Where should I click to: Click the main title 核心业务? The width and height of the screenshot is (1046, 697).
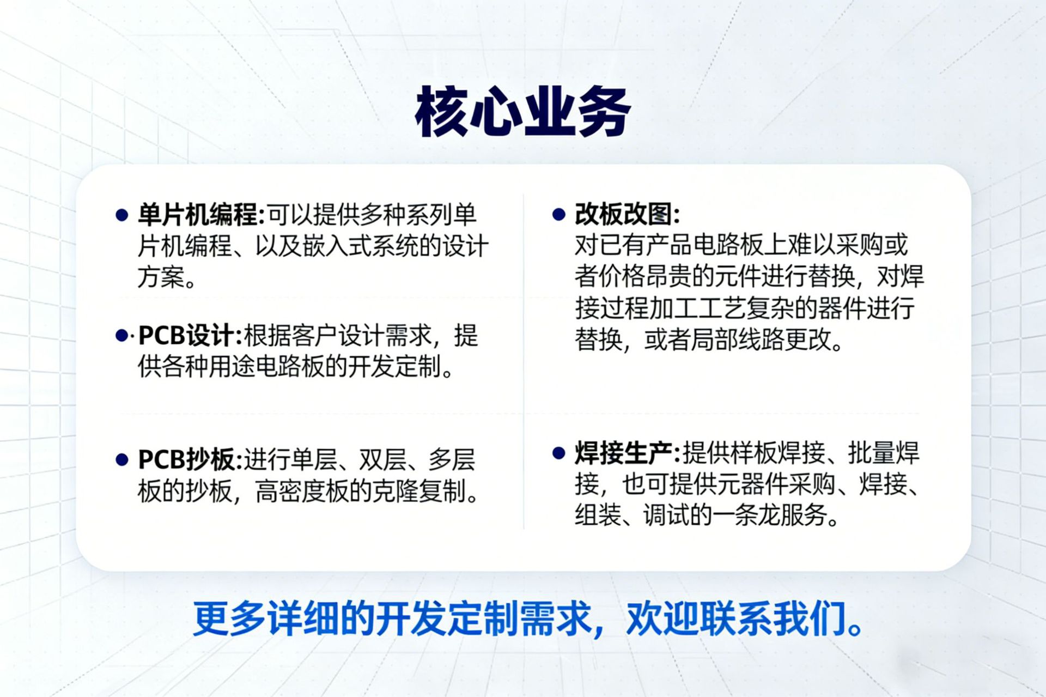[x=522, y=112]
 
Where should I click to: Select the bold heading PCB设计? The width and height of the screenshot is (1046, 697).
[x=186, y=335]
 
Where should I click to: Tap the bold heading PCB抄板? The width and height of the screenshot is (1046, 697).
[x=186, y=459]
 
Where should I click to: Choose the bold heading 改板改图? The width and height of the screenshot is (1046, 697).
[x=623, y=214]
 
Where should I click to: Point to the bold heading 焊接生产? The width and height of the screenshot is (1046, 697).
[x=623, y=452]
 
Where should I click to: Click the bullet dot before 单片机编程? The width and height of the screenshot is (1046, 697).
[x=121, y=215]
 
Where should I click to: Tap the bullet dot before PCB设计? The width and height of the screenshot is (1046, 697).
[x=121, y=336]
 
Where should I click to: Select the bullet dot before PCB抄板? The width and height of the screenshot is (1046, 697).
[x=121, y=460]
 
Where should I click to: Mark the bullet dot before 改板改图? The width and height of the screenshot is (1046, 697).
[x=558, y=214]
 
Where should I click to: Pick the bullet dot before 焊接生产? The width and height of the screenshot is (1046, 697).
[x=558, y=453]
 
